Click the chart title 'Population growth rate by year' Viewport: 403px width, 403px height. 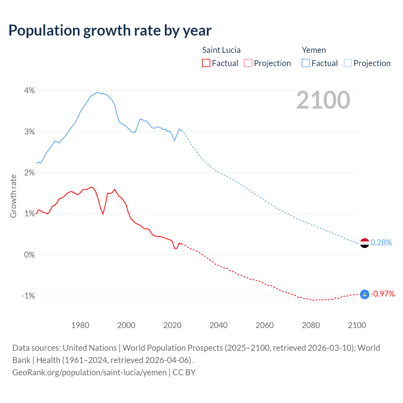click(110, 30)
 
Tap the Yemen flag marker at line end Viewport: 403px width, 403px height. click(364, 243)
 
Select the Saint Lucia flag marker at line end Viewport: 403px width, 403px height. click(364, 294)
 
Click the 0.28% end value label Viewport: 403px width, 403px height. click(381, 242)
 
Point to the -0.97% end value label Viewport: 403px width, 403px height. click(383, 294)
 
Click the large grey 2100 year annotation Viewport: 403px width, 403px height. click(323, 100)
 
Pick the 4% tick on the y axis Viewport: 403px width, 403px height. click(29, 91)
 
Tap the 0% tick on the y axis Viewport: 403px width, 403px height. click(29, 255)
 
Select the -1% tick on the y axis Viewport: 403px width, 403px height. click(28, 296)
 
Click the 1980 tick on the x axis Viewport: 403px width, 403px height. click(80, 325)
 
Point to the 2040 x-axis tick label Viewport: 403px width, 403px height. click(219, 325)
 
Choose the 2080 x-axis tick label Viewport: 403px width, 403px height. click(311, 325)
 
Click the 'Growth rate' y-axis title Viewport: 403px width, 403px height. click(13, 196)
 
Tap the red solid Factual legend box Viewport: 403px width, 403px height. click(206, 63)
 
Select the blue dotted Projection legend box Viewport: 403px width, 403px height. click(348, 63)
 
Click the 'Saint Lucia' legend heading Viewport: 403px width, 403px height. click(221, 50)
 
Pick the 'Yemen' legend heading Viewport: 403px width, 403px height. click(314, 50)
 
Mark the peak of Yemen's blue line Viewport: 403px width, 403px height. click(99, 92)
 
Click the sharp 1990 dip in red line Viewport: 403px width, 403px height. click(103, 214)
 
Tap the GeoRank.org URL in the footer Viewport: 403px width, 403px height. click(89, 372)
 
